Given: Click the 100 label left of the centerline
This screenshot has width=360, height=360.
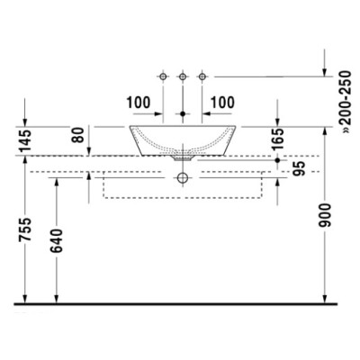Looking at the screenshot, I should tap(139, 102).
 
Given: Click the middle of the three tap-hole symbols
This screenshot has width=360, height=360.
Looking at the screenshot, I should tap(183, 77).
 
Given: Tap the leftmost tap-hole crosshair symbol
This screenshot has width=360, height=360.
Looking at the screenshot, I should tap(163, 77).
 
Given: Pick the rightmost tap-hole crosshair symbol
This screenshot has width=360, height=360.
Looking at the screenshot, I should tap(202, 77).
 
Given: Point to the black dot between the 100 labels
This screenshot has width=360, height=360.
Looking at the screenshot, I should tap(183, 115).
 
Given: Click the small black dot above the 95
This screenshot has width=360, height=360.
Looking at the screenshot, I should tap(277, 159).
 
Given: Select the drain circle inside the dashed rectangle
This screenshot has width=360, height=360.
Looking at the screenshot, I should tap(183, 178).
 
